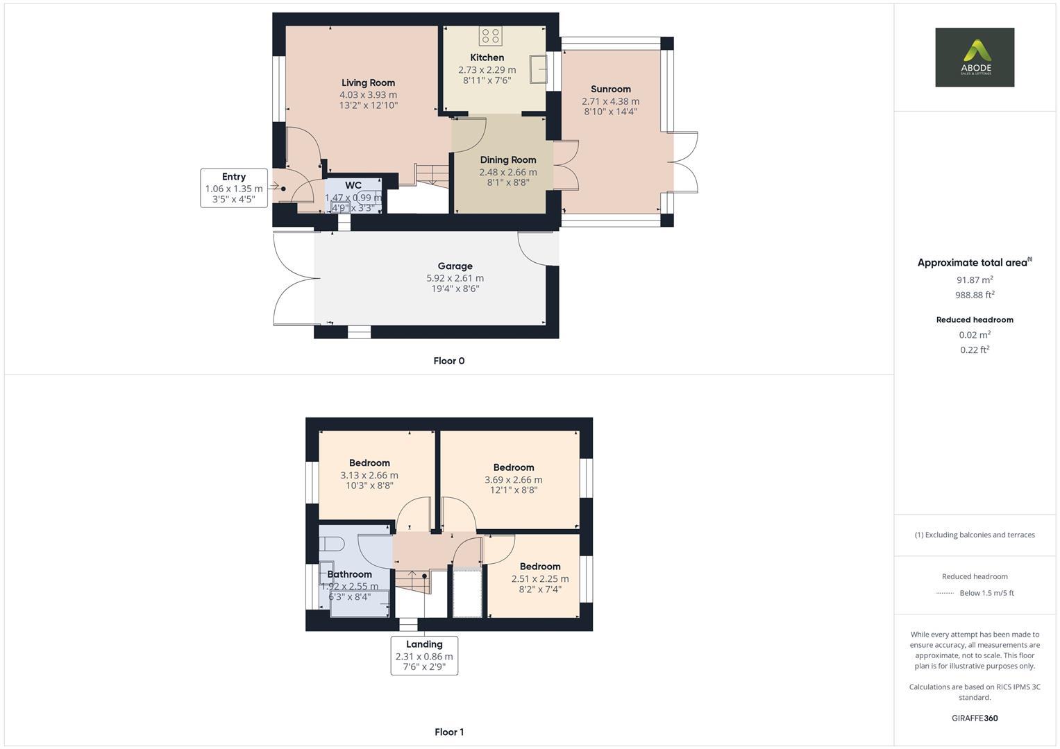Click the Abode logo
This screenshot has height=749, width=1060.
click(x=974, y=58)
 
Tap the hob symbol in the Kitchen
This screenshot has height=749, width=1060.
click(x=490, y=35)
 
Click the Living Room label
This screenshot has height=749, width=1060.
click(x=368, y=83)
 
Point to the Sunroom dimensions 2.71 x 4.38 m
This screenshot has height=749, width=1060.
click(x=610, y=101)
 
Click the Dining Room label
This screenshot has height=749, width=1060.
click(x=507, y=160)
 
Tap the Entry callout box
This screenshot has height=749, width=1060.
click(x=234, y=188)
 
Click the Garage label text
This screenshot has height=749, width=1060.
click(x=455, y=266)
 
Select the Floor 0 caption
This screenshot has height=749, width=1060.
click(x=448, y=361)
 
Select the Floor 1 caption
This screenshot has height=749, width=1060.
click(x=448, y=732)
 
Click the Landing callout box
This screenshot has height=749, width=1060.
click(x=424, y=655)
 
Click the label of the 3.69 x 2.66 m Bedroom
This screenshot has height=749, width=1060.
click(x=513, y=467)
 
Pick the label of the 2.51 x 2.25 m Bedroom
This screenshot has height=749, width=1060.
click(x=539, y=567)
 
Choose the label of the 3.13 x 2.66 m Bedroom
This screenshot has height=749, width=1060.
click(x=369, y=463)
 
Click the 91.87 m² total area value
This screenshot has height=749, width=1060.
click(x=974, y=279)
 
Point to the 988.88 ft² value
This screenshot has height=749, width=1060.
click(x=974, y=295)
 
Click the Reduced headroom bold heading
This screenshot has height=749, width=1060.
click(x=974, y=320)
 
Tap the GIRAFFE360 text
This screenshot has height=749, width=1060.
click(x=974, y=718)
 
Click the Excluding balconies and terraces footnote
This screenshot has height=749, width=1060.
click(x=974, y=535)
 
